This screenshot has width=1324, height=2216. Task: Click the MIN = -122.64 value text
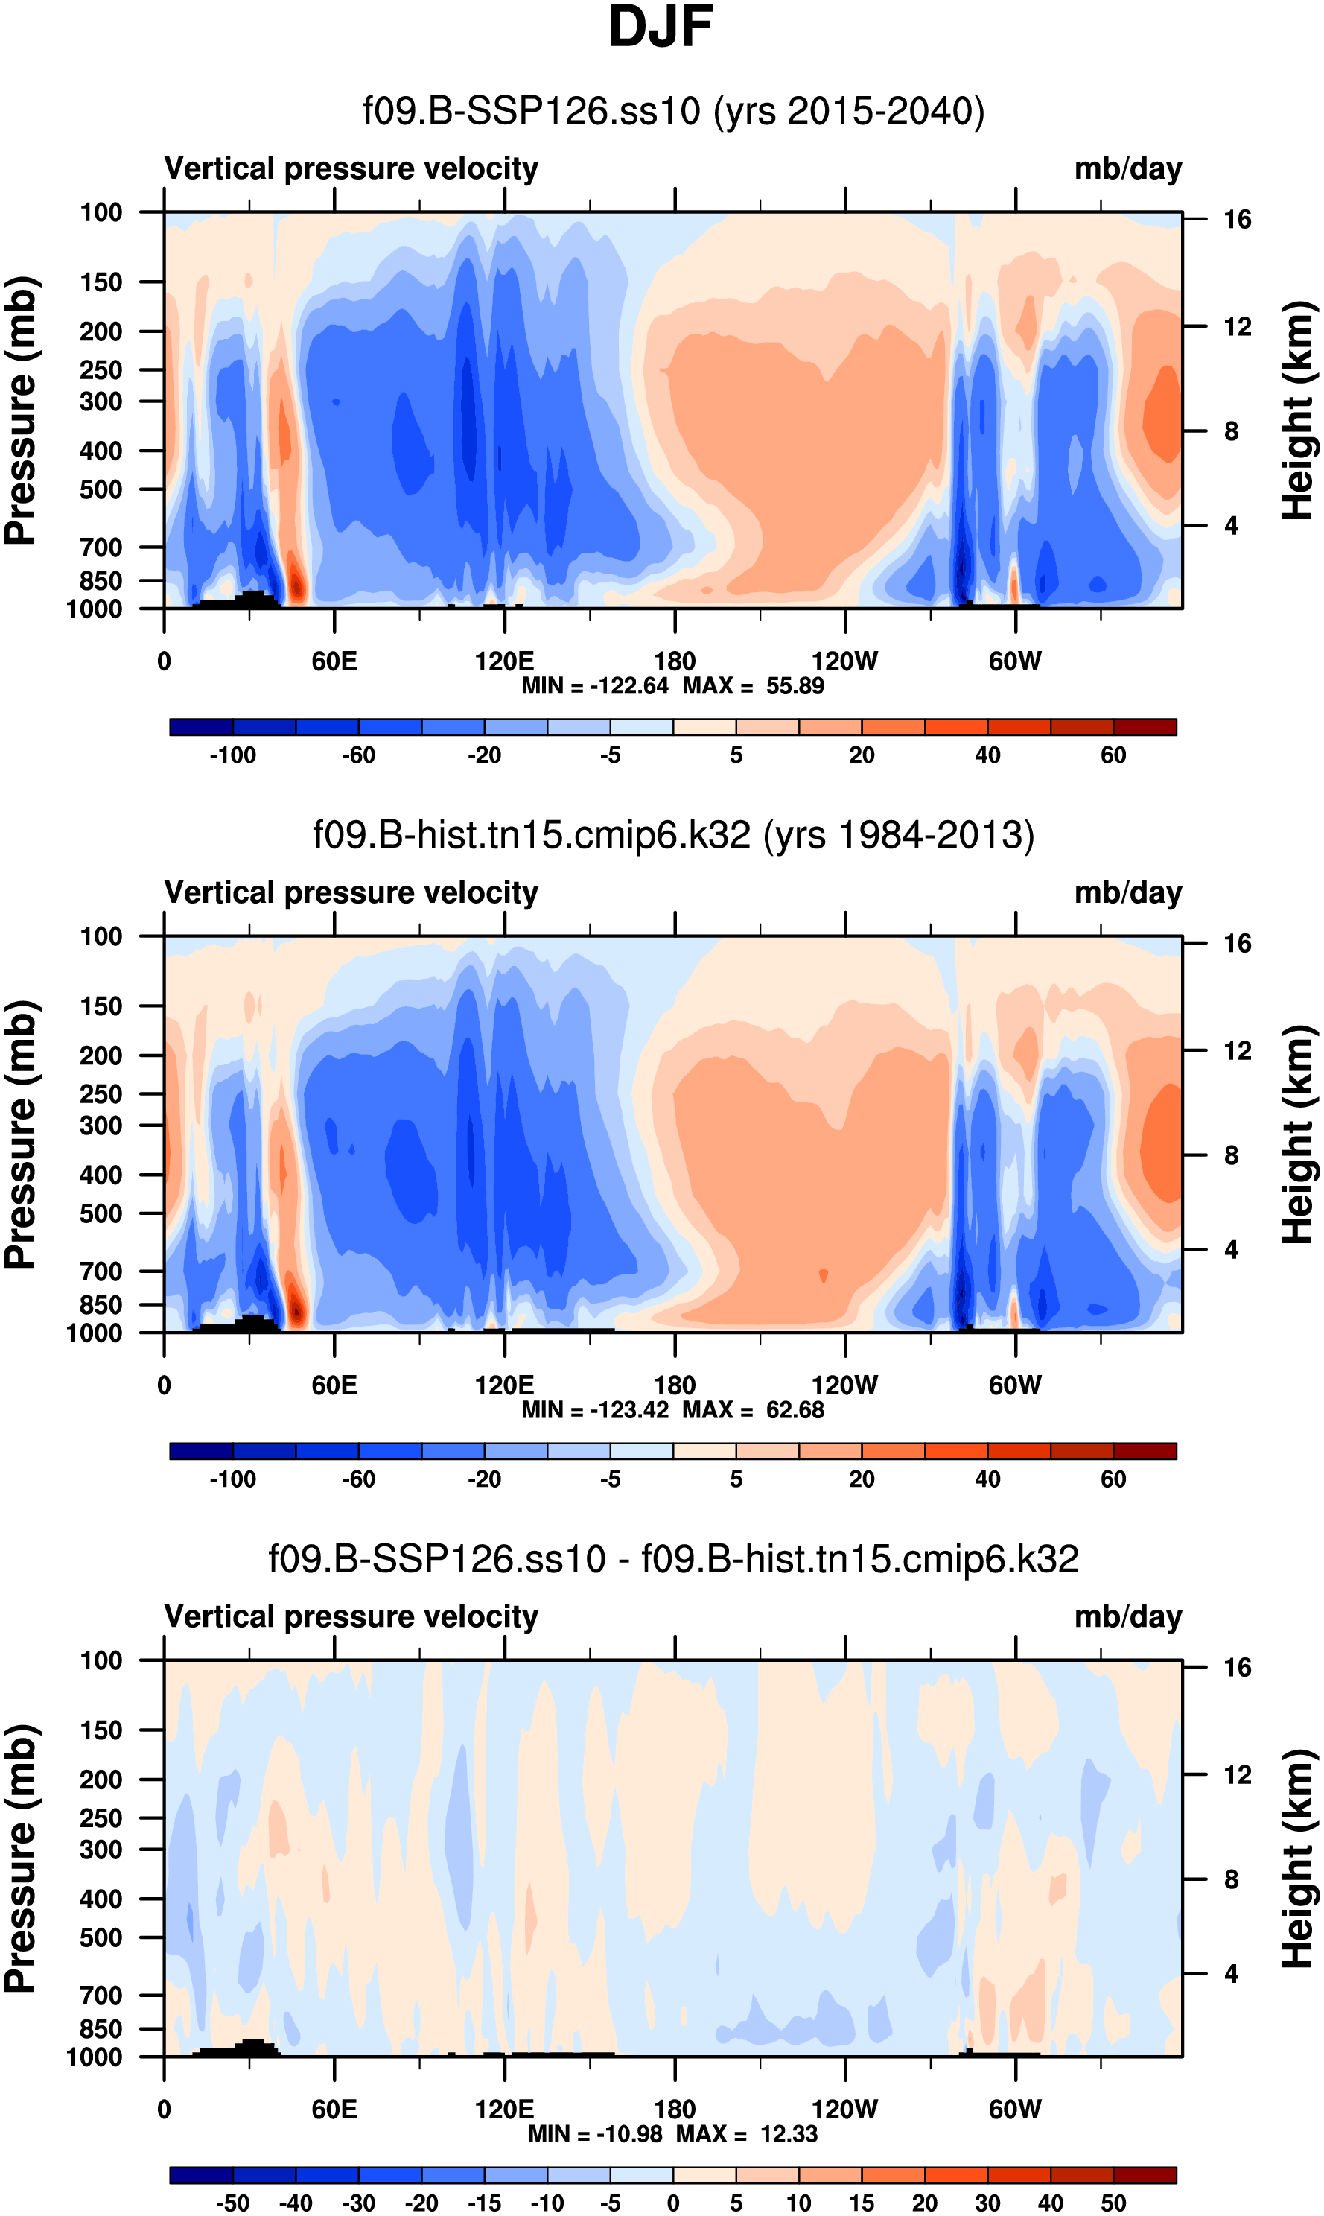click(595, 686)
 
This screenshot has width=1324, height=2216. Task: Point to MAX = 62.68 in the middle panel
click(753, 1410)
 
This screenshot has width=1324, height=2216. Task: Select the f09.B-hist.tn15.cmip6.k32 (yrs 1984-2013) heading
click(674, 835)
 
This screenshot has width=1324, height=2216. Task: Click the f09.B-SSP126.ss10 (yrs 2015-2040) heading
click(674, 112)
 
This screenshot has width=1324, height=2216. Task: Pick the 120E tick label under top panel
click(504, 661)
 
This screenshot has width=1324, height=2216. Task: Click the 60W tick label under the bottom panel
click(1015, 2109)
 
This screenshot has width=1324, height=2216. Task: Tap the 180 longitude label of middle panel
click(675, 1385)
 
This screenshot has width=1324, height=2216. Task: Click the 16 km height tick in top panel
click(1237, 220)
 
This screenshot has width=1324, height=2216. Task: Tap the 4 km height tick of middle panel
click(1231, 1249)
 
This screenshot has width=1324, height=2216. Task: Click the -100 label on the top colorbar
click(233, 755)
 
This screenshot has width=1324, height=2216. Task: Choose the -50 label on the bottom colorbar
click(233, 2203)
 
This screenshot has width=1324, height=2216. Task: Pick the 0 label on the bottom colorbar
click(674, 2203)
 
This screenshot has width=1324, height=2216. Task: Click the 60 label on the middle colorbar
click(1113, 1479)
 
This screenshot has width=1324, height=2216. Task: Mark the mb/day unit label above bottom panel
click(1127, 1616)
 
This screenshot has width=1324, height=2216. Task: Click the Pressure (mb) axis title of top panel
click(22, 410)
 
